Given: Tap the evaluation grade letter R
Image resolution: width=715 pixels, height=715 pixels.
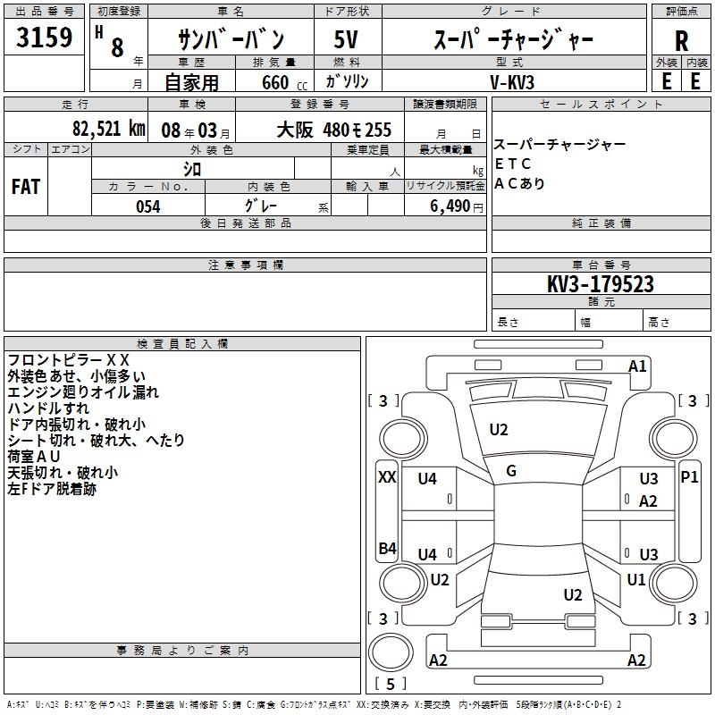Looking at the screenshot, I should point(681,40).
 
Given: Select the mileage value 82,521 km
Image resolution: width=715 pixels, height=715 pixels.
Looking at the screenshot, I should point(108,130).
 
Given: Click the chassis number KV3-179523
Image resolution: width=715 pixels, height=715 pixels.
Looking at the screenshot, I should point(601,284).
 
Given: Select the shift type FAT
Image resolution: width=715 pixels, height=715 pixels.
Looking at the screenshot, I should point(25,187).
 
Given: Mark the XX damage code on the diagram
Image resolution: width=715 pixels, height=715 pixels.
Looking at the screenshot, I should point(387,477).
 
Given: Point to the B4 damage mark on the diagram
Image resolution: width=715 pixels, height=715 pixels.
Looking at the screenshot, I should point(387,549).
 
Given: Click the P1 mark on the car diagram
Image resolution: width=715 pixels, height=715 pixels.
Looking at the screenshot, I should point(689,477).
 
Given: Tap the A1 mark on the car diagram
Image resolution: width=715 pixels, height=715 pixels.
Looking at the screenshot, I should point(637,366).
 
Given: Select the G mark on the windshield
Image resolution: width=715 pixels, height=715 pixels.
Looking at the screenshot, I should point(511,471).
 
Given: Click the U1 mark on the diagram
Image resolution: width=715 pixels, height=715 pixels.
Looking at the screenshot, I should point(636,580).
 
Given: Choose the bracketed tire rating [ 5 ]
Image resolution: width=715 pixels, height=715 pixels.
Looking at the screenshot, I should point(391,684).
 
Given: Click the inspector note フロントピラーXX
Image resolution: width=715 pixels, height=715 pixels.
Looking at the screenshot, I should point(69,360).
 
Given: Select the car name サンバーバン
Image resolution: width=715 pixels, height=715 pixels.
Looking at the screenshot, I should point(231,40).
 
